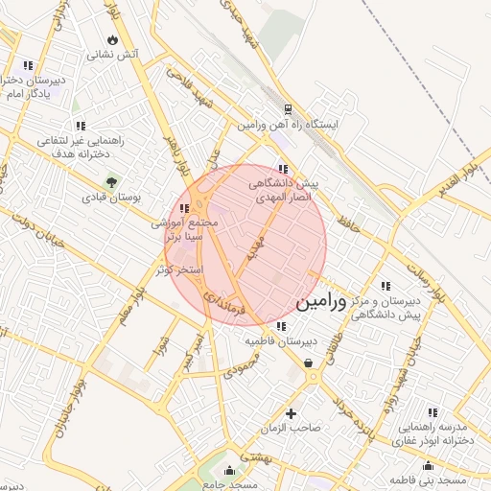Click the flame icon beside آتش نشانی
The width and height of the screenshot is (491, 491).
[x=114, y=40]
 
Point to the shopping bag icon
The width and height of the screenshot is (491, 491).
[x=308, y=362]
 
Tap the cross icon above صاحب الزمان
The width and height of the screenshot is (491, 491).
[x=292, y=413]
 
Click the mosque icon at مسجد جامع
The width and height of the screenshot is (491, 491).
[x=229, y=470]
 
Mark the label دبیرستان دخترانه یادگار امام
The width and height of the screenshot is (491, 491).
[x=34, y=88]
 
